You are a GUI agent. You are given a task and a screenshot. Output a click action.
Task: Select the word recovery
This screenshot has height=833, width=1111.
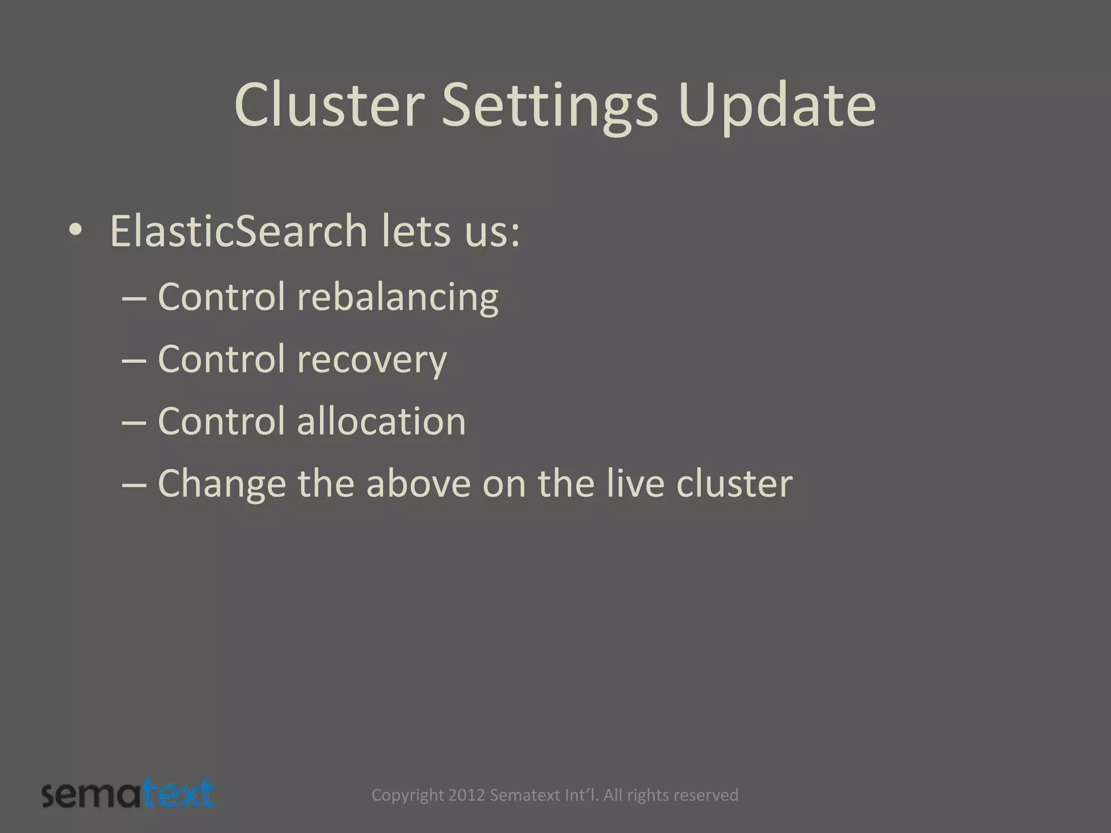click(x=372, y=360)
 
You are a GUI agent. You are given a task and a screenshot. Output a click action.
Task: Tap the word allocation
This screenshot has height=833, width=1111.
click(x=381, y=421)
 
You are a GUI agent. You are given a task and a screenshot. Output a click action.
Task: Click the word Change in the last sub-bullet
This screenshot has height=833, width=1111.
click(x=221, y=484)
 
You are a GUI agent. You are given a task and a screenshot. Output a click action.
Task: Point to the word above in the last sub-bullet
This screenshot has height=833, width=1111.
click(x=418, y=484)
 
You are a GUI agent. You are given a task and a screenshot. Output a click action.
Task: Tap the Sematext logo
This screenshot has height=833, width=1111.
click(x=128, y=794)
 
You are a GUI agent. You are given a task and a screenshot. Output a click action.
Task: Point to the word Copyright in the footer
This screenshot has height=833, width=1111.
click(x=407, y=795)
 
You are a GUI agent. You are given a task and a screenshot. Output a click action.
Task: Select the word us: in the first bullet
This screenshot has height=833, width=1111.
click(x=490, y=232)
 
